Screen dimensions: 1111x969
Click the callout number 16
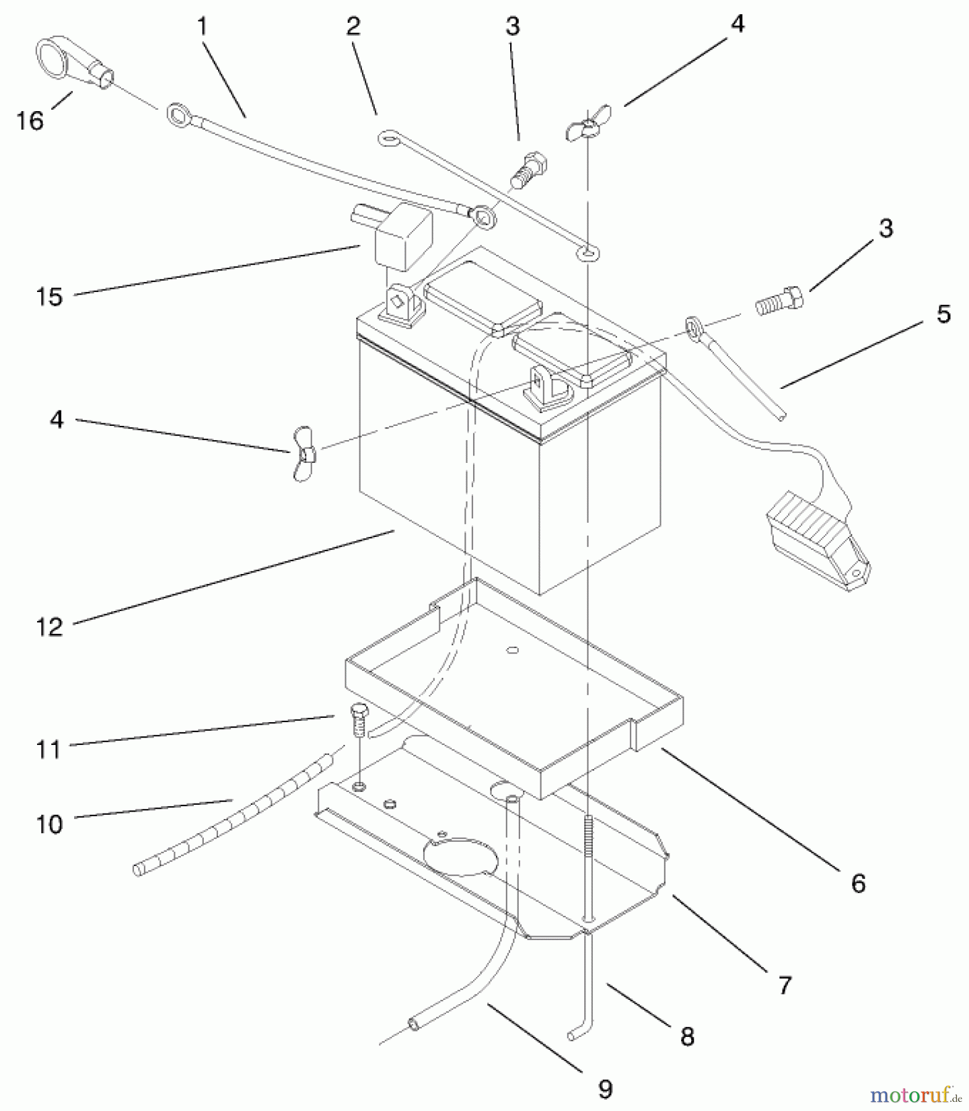(30, 120)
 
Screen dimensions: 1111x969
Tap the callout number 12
(50, 627)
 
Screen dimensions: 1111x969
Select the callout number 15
(49, 297)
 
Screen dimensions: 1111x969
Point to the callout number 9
(605, 1089)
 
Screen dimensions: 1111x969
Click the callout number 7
(784, 986)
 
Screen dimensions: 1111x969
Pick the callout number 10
(49, 825)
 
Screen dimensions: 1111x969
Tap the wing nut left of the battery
(304, 453)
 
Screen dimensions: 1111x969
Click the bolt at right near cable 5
(779, 301)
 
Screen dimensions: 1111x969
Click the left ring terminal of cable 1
(177, 115)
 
